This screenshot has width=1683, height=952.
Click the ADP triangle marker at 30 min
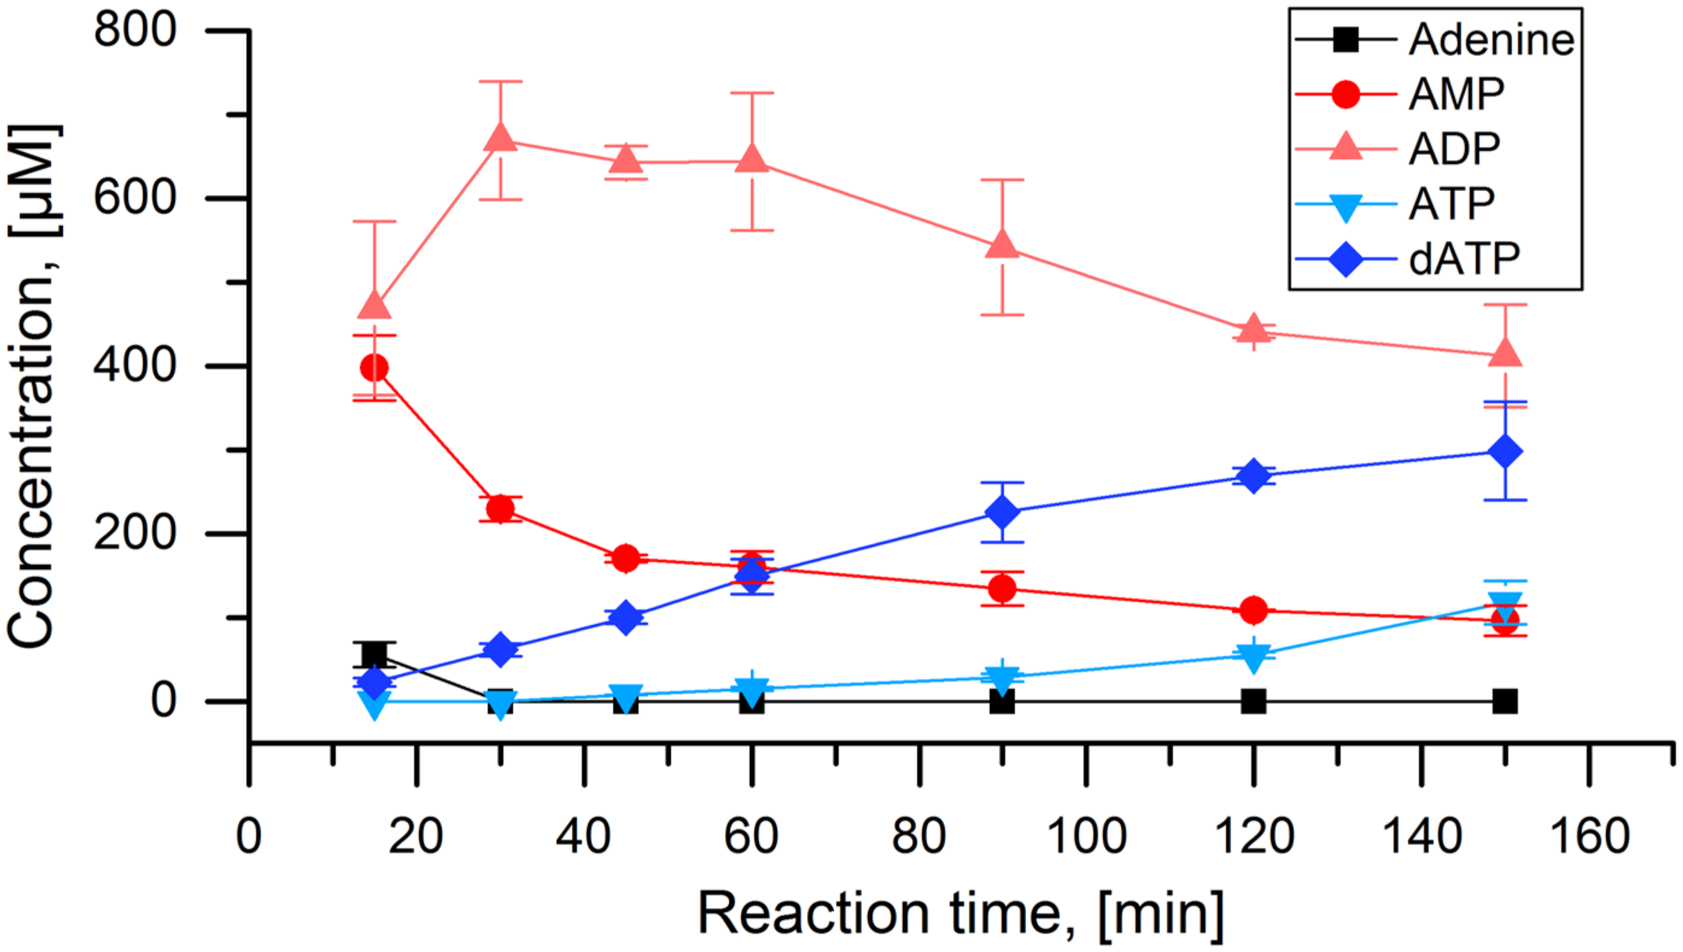coord(501,138)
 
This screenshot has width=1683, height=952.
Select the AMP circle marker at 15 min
coord(375,368)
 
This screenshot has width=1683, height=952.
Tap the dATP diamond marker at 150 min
coord(1504,451)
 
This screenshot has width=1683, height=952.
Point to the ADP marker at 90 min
coord(1003,246)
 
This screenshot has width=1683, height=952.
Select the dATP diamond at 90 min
coord(1003,512)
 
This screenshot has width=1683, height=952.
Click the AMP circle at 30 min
coord(501,509)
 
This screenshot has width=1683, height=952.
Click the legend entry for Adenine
coord(1491,40)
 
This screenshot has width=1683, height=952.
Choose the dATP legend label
coord(1464,259)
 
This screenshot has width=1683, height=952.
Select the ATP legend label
coord(1451,204)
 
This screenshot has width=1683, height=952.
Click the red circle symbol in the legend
coord(1346,94)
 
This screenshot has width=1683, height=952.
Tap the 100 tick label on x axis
coord(1086,836)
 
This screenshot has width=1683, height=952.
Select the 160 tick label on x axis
coord(1589,836)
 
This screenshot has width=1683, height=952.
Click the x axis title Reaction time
coord(961,914)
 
